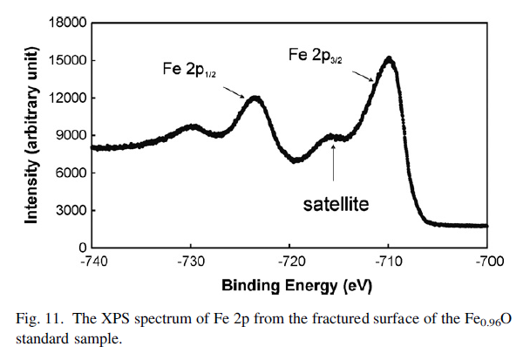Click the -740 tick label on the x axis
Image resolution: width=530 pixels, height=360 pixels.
pyautogui.click(x=92, y=262)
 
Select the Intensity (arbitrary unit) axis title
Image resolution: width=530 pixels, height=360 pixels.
pyautogui.click(x=31, y=136)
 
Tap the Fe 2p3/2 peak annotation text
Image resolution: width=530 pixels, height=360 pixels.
pyautogui.click(x=322, y=54)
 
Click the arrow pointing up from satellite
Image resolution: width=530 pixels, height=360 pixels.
pyautogui.click(x=334, y=164)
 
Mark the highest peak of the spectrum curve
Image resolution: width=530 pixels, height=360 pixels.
pyautogui.click(x=389, y=59)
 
